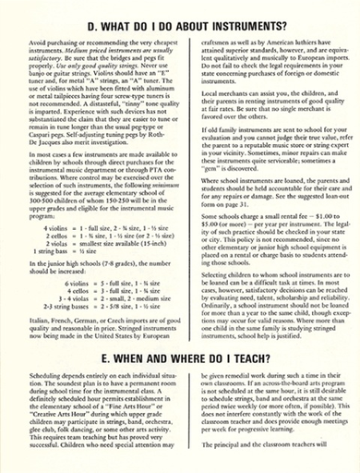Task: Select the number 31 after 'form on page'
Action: pyautogui.click(x=245, y=202)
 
